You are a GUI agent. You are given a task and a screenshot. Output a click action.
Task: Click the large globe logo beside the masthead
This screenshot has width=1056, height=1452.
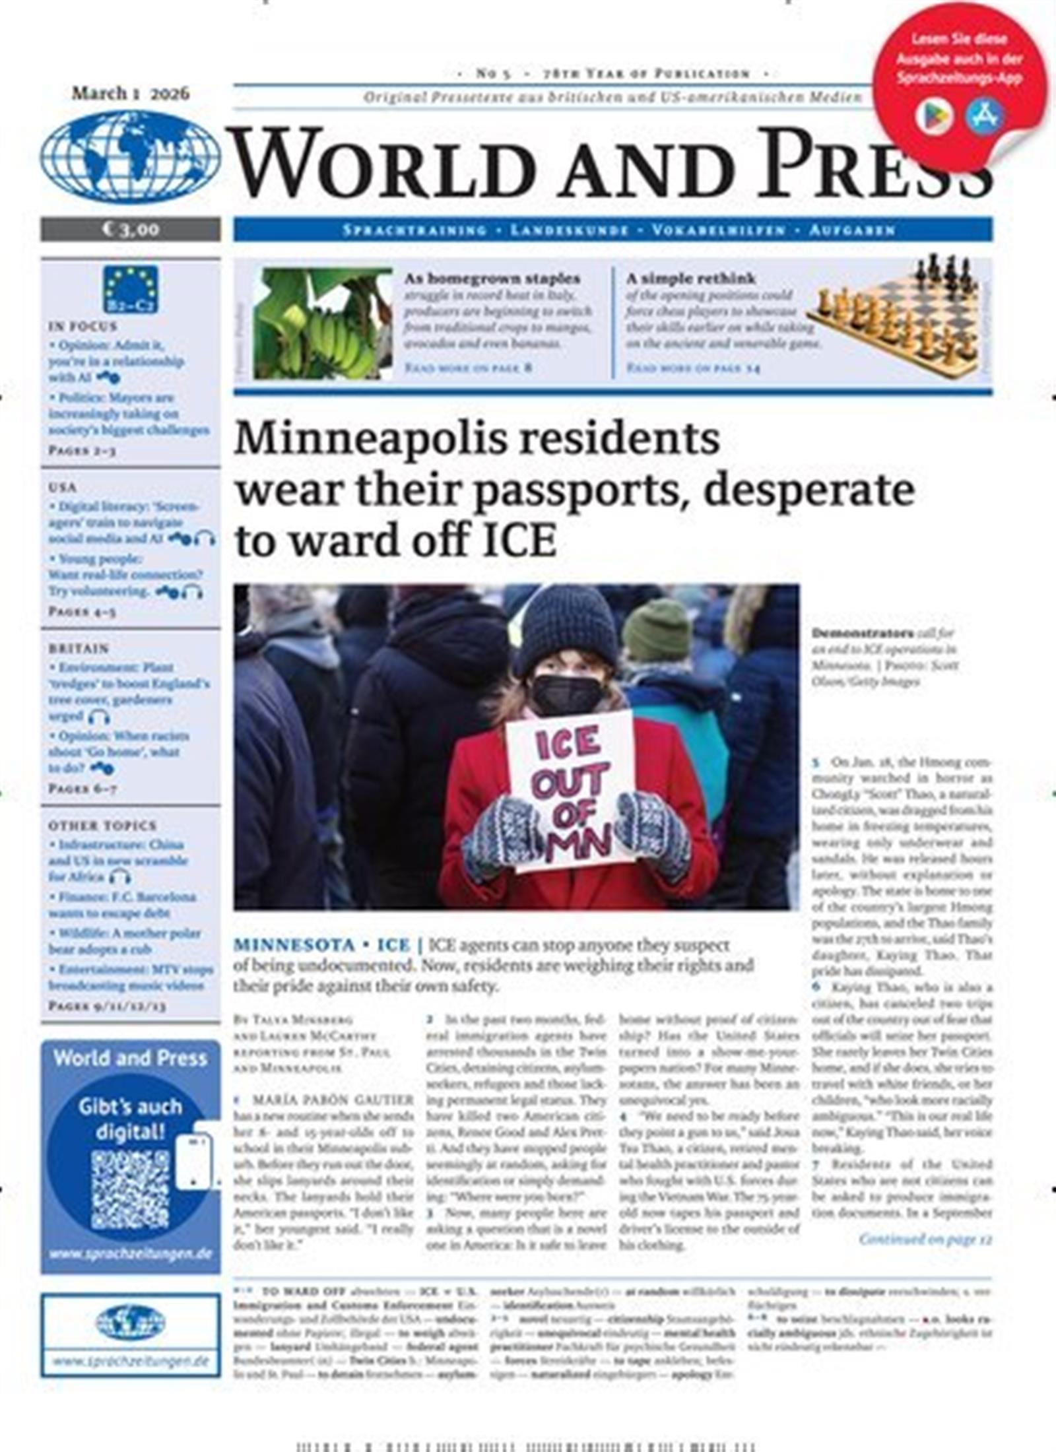point(130,156)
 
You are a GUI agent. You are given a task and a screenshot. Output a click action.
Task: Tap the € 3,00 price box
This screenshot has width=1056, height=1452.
point(130,229)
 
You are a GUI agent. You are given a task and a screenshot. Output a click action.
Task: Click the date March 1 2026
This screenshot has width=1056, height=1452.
point(130,93)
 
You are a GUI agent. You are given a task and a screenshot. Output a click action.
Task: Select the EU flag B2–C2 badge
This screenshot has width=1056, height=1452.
point(130,288)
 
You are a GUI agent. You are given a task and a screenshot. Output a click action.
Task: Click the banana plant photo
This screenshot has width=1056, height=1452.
point(322,323)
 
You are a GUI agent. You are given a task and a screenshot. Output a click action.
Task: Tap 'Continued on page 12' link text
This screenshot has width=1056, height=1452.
point(925,1239)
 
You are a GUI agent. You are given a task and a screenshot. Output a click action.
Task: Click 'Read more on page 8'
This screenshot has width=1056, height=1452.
point(468,368)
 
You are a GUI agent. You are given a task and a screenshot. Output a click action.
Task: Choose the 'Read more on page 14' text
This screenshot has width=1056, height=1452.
point(693,368)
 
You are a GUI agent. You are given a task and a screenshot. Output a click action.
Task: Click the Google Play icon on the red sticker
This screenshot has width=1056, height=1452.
point(933,117)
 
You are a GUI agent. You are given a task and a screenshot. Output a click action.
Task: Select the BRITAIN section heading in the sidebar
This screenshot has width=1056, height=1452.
point(79,648)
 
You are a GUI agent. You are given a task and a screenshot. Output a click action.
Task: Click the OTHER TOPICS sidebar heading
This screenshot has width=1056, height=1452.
point(102,825)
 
